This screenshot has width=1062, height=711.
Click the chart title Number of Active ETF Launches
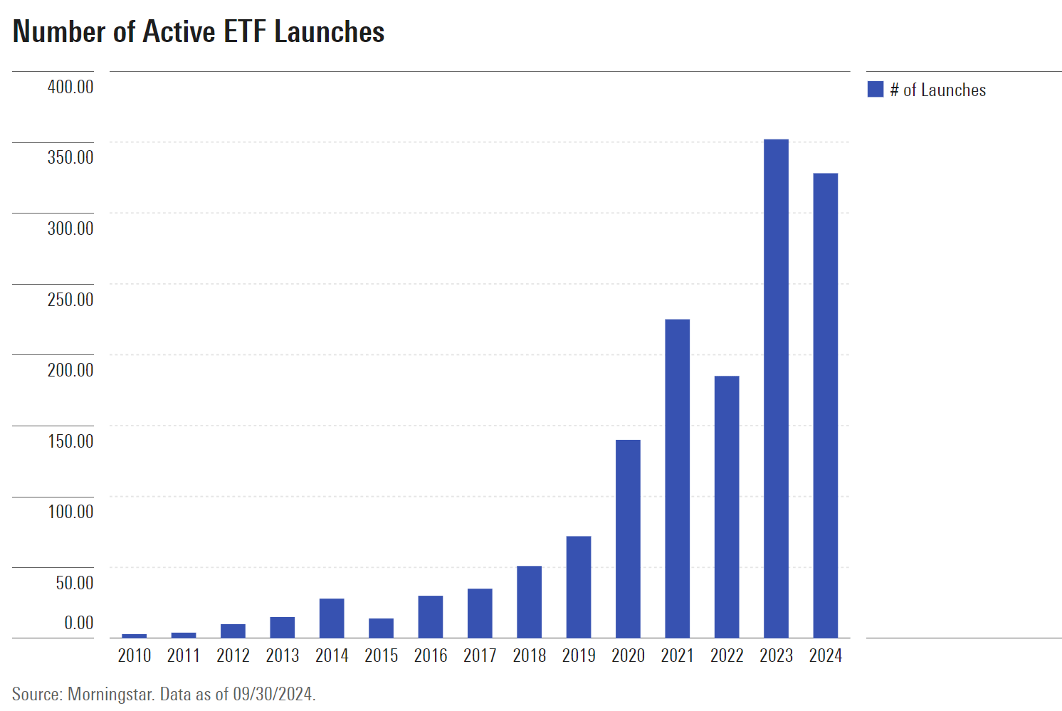tap(199, 32)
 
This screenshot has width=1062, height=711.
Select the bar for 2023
tap(776, 388)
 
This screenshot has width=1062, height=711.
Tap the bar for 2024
tap(825, 405)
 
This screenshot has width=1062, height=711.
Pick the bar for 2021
tap(677, 478)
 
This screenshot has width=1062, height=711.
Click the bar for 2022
tap(727, 507)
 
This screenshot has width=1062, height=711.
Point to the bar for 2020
tap(628, 539)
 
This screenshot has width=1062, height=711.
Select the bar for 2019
tap(579, 586)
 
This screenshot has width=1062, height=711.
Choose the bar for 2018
tap(529, 601)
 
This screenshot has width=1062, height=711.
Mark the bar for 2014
tap(332, 618)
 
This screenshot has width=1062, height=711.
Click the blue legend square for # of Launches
tap(876, 90)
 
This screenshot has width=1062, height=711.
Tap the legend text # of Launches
tap(937, 90)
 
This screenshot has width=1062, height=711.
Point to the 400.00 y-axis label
tap(70, 87)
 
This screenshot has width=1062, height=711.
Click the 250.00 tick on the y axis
tap(70, 300)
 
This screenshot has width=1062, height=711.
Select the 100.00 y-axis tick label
tap(70, 512)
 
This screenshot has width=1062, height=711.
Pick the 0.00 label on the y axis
tap(78, 623)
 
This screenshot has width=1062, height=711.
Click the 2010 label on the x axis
tap(135, 655)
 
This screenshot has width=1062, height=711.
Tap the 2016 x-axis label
tap(431, 655)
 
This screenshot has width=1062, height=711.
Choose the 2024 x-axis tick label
tap(825, 655)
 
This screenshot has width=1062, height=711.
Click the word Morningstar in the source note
tap(110, 694)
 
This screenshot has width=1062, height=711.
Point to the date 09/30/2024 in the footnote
tap(273, 694)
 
